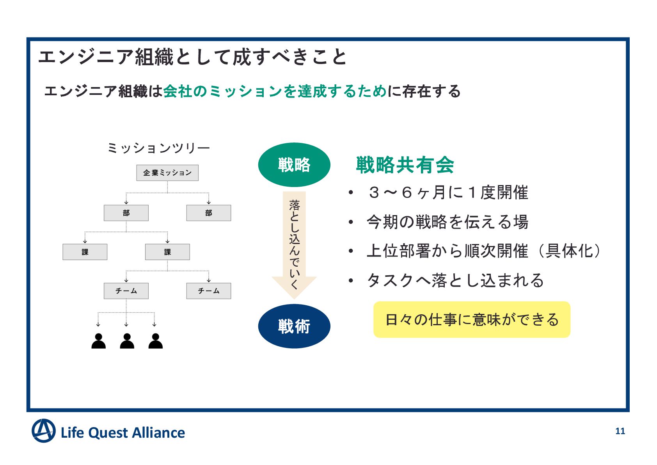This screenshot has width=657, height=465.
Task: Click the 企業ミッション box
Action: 167,173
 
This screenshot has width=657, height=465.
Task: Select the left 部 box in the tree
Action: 126,213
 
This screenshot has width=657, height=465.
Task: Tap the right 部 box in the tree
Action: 209,213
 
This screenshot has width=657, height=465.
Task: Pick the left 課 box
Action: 85,252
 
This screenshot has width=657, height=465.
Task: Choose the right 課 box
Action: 167,252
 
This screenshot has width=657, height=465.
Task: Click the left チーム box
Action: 126,291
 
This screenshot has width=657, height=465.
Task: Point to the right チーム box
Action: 209,291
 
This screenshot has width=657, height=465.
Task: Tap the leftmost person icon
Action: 98,341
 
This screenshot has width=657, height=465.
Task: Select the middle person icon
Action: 127,341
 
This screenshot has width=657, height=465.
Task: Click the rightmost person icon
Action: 155,341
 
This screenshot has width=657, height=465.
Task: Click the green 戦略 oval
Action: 294,165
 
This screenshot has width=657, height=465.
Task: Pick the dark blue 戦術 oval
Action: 294,326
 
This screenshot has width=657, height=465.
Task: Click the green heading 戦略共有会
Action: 405,165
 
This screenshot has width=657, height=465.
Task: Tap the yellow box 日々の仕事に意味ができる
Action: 472,319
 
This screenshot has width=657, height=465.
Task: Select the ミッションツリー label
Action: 158,148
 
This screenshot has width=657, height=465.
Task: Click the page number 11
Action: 620,431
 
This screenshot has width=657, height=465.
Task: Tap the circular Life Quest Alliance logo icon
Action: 43,431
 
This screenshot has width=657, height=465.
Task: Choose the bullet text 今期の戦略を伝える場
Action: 447,222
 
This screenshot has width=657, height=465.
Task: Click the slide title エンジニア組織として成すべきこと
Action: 192,57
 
